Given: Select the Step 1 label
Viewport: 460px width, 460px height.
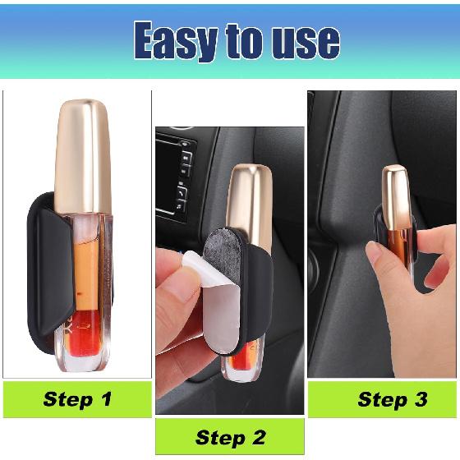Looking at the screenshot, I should [78, 401].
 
